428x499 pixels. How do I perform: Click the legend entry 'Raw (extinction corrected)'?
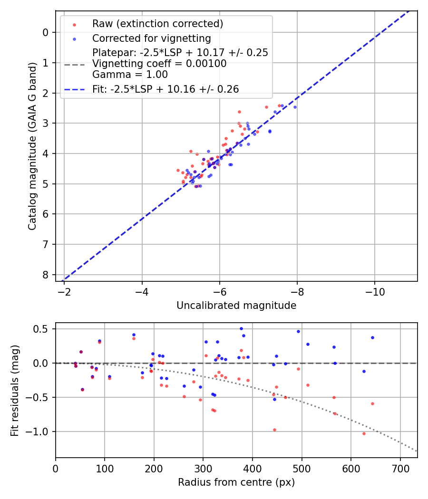pyautogui.click(x=157, y=24)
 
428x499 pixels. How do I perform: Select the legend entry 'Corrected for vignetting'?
pyautogui.click(x=151, y=38)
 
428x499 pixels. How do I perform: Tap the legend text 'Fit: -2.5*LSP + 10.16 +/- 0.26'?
pyautogui.click(x=165, y=89)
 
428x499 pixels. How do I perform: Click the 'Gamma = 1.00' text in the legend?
pyautogui.click(x=130, y=74)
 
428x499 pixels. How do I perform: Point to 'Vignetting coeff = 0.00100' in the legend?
pyautogui.click(x=159, y=64)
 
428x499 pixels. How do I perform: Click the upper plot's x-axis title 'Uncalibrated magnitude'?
pyautogui.click(x=236, y=306)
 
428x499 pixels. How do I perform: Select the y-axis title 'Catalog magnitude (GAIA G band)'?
pyautogui.click(x=32, y=145)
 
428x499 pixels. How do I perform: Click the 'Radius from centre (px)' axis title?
pyautogui.click(x=236, y=482)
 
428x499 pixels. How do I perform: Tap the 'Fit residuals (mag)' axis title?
pyautogui.click(x=15, y=391)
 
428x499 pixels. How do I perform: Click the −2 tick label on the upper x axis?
pyautogui.click(x=64, y=291)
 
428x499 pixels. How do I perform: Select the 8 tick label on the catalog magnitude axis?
pyautogui.click(x=46, y=275)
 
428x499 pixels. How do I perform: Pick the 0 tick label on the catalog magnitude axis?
pyautogui.click(x=46, y=32)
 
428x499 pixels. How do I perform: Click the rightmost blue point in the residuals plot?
pyautogui.click(x=372, y=338)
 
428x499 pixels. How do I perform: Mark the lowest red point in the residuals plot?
pyautogui.click(x=364, y=433)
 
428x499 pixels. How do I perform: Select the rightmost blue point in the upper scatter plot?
pyautogui.click(x=295, y=107)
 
